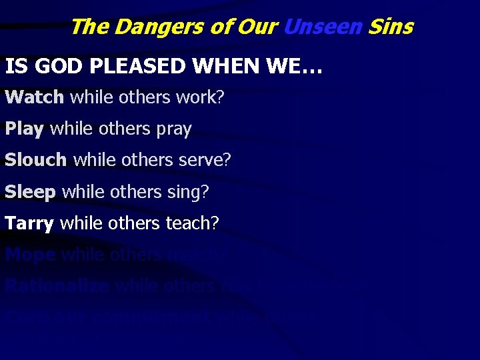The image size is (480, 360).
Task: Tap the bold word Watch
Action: click(34, 97)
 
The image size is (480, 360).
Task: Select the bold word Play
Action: click(24, 129)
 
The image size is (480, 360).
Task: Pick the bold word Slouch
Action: click(36, 160)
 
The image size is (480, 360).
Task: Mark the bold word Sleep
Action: click(31, 191)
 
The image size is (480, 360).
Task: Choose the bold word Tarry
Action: click(29, 223)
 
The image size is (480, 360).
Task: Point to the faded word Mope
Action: click(30, 254)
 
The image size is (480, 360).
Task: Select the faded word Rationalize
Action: click(57, 285)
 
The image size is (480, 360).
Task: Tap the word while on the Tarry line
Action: click(80, 223)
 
